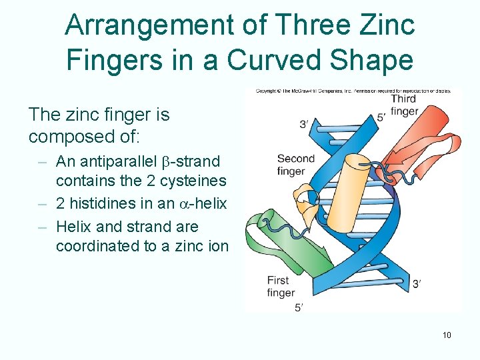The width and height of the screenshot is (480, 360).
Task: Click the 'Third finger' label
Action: (x=404, y=105)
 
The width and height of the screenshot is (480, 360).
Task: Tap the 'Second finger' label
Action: (x=295, y=165)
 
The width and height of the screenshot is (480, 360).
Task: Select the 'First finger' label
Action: (x=281, y=287)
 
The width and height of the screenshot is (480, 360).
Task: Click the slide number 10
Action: (x=447, y=335)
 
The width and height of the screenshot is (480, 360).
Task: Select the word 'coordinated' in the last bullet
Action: (x=97, y=246)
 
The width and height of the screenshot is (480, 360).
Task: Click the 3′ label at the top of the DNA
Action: (x=303, y=125)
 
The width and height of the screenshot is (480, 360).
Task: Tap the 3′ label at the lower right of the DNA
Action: (x=417, y=285)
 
